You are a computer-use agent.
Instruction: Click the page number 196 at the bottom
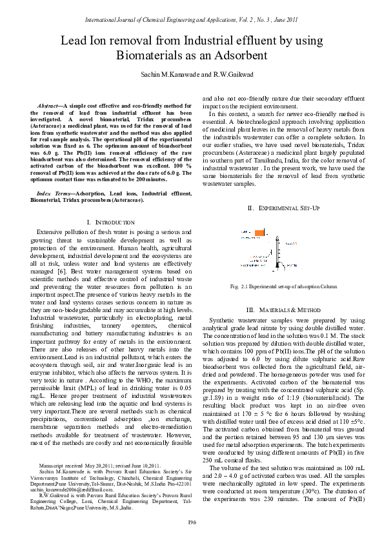192,522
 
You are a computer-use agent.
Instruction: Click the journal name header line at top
192,20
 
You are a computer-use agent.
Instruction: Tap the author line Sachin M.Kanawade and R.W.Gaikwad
192,75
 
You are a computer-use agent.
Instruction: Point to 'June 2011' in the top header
283,20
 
